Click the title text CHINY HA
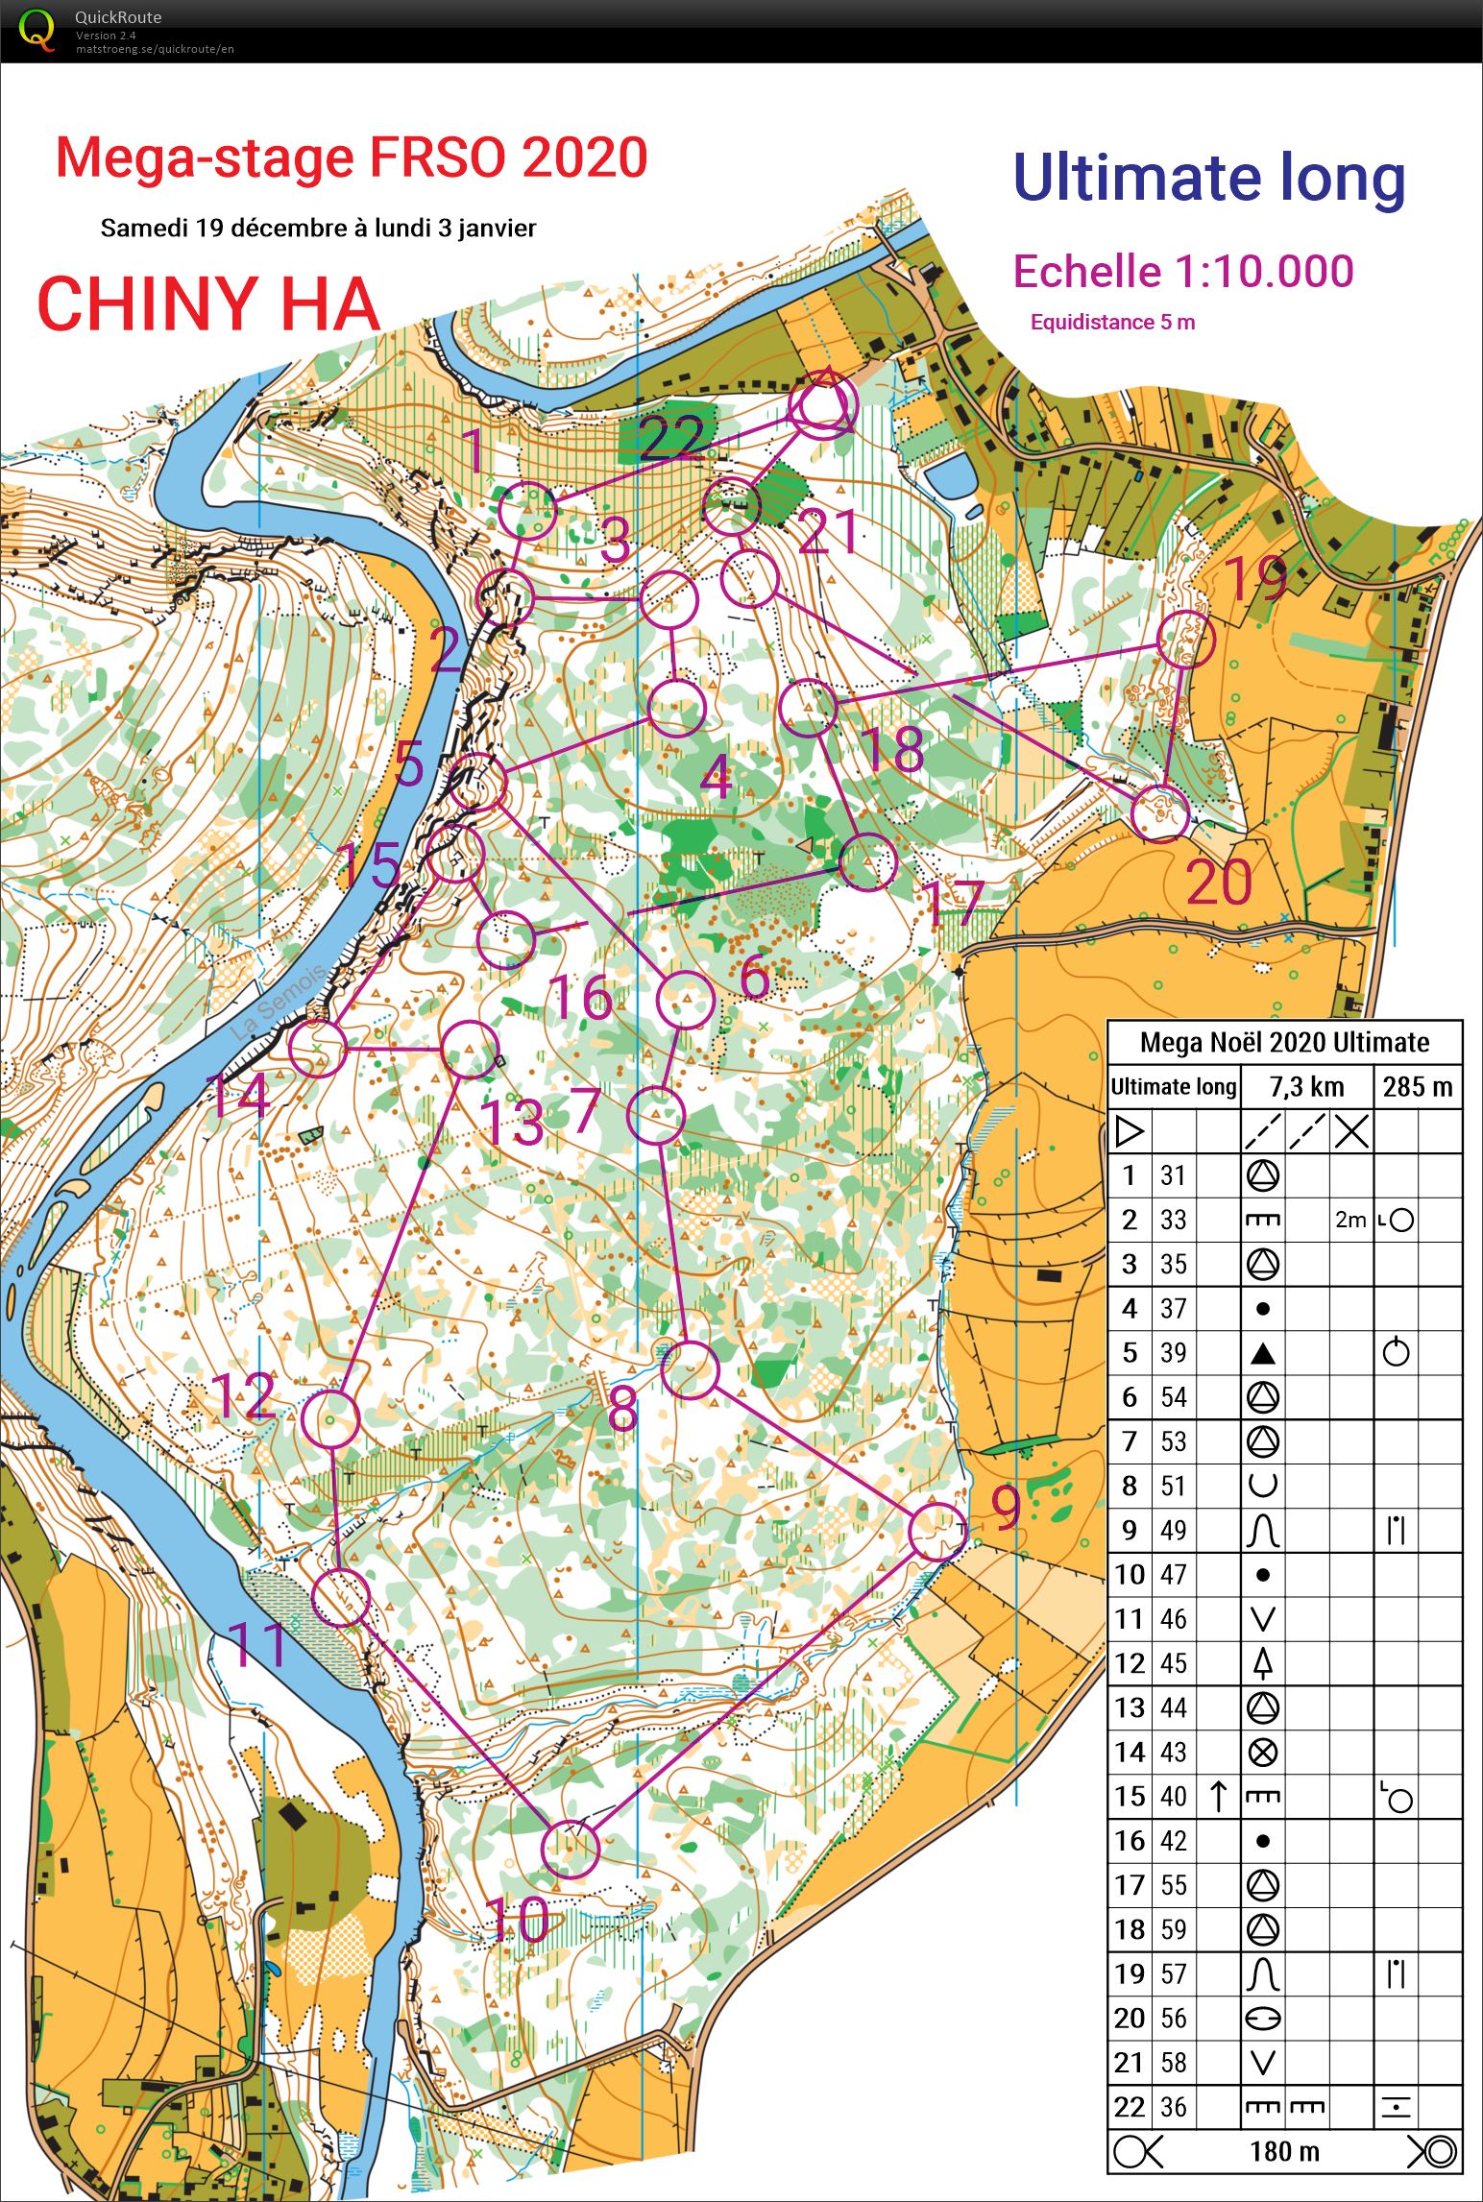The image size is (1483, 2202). click(x=208, y=303)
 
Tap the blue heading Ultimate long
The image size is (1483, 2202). click(x=1208, y=180)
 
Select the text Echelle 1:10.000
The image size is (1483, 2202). click(x=1183, y=272)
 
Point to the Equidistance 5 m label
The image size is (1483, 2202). click(x=1112, y=323)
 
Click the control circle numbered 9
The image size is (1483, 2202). click(x=937, y=1532)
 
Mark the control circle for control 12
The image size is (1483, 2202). click(x=330, y=1418)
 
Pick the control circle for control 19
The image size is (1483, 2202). click(x=1185, y=639)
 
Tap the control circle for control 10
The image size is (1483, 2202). click(x=571, y=1849)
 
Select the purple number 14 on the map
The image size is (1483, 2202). click(x=236, y=1097)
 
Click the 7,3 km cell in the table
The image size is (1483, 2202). click(x=1306, y=1087)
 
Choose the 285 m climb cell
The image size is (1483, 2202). click(x=1417, y=1087)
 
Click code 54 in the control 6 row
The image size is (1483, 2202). click(x=1173, y=1397)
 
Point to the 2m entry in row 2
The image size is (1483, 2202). click(x=1350, y=1220)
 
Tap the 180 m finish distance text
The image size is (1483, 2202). click(x=1284, y=2152)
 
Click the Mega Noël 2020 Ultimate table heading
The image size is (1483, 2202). click(x=1284, y=1042)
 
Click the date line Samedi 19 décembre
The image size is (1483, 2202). click(x=318, y=229)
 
